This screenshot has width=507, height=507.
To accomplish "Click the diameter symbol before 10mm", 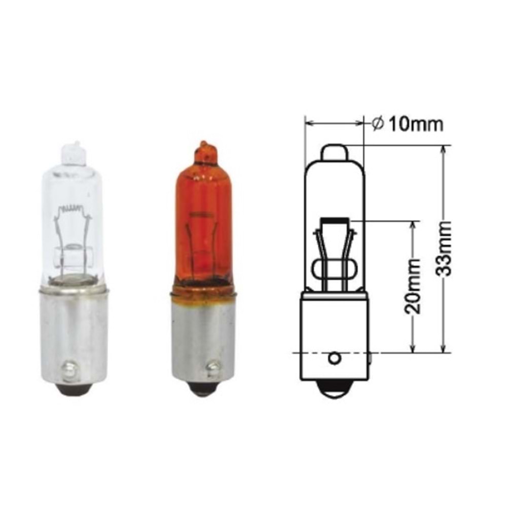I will pos(377,123).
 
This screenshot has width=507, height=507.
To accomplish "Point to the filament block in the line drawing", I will pos(334,221).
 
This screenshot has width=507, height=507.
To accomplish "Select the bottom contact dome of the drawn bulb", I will pos(334,389).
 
